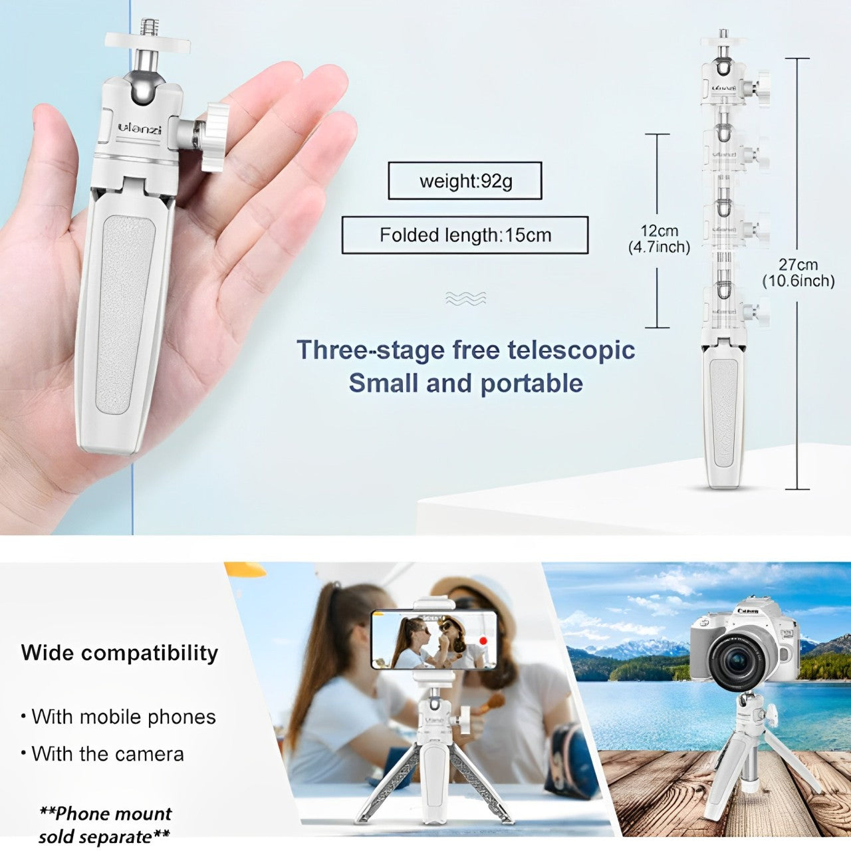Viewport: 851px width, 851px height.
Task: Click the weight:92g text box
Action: point(465,181)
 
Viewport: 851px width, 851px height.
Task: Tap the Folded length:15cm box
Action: point(465,235)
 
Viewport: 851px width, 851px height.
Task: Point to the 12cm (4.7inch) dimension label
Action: point(659,239)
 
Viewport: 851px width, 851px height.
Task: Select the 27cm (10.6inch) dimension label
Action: point(798,273)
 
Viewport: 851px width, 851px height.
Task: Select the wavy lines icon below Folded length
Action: point(465,299)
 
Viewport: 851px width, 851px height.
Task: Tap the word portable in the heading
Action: point(531,384)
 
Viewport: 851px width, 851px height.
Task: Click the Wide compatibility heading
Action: point(119,653)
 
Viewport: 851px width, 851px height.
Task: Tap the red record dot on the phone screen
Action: point(483,640)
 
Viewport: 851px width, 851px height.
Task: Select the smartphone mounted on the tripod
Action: point(434,640)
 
